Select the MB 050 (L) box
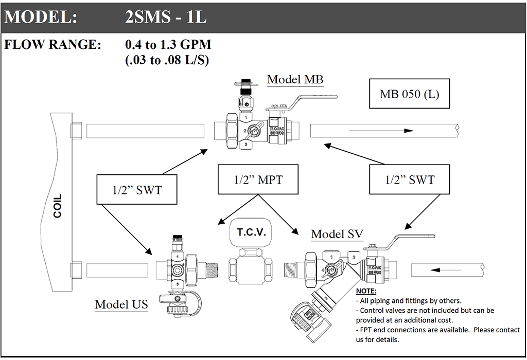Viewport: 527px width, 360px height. [409, 94]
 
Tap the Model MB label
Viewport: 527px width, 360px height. [295, 80]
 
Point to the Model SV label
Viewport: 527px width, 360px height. [337, 234]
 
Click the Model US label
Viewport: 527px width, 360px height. [121, 304]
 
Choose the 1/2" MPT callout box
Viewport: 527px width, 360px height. [258, 179]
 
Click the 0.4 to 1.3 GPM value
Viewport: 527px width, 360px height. [168, 45]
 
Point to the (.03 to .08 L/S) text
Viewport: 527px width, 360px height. [167, 60]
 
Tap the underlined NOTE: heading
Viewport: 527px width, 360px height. [366, 292]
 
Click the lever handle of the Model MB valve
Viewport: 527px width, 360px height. [311, 98]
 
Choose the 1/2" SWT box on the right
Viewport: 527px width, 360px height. [410, 179]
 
